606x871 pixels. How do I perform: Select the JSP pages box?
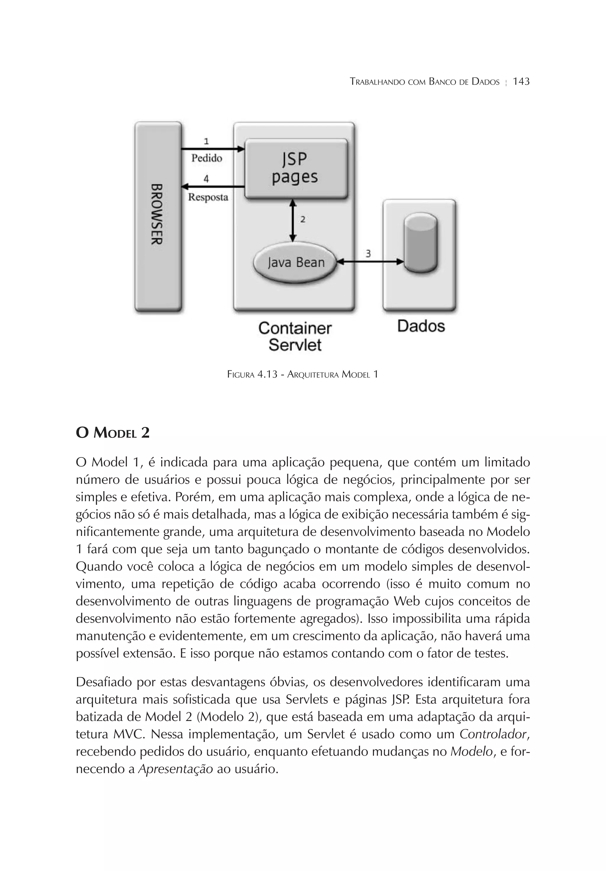coord(296,168)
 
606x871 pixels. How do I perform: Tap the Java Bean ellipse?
coord(296,262)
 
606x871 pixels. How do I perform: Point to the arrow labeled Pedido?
coord(212,149)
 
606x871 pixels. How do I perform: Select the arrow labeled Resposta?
coord(212,187)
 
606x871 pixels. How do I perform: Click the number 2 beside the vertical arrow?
coord(303,219)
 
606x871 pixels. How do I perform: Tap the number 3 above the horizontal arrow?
coord(368,254)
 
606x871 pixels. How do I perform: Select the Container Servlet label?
coord(295,336)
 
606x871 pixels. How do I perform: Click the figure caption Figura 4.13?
coord(302,375)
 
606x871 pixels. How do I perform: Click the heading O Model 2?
coord(113,433)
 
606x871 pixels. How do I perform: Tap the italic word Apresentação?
coord(175,769)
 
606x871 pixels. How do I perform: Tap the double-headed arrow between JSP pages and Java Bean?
coord(293,220)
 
